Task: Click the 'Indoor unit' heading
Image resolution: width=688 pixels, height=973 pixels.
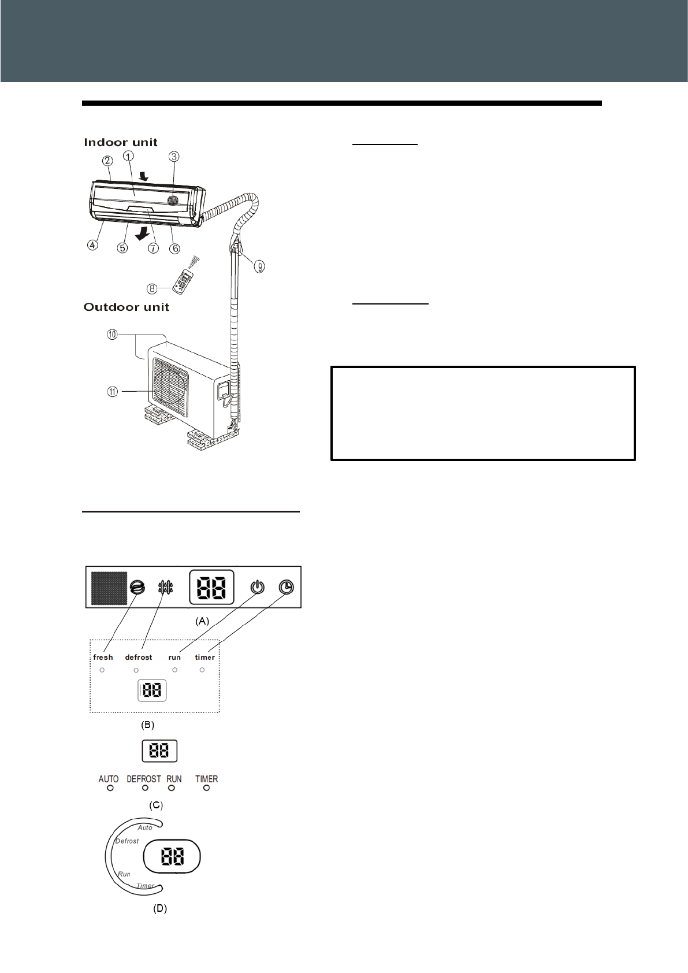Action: click(120, 143)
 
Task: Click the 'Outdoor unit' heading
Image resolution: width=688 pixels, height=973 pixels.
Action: click(126, 307)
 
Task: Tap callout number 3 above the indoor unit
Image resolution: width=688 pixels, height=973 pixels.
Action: click(174, 157)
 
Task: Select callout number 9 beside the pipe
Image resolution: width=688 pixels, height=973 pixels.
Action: click(259, 266)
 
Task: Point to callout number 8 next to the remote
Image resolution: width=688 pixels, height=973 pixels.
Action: click(153, 288)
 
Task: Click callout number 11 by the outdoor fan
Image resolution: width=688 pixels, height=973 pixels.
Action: click(112, 392)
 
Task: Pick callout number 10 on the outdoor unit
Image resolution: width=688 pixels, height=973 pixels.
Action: click(112, 335)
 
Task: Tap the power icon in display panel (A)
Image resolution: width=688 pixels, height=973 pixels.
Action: click(258, 588)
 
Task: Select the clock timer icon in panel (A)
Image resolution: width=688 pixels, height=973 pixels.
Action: click(286, 588)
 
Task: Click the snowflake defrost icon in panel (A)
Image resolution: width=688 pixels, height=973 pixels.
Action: click(166, 588)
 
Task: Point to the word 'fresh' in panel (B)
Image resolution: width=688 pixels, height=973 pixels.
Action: click(103, 658)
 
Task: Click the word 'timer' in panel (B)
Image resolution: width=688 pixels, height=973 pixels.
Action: click(204, 658)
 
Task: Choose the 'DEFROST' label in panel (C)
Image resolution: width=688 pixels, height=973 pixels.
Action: click(144, 779)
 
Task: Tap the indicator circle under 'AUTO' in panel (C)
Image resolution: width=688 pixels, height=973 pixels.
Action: click(110, 788)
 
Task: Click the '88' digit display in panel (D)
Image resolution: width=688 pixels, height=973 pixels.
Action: click(172, 857)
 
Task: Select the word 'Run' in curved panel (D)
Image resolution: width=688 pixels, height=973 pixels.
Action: click(124, 874)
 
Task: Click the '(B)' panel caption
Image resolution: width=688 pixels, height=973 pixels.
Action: click(148, 725)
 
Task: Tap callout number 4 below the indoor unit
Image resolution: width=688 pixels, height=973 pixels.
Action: click(92, 245)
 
